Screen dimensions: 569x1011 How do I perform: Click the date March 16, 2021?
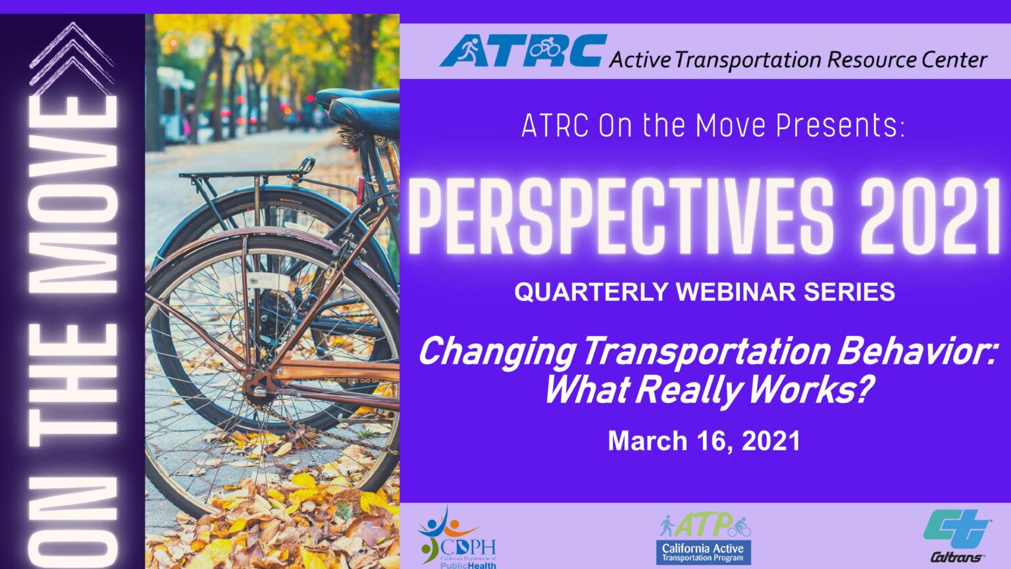click(704, 441)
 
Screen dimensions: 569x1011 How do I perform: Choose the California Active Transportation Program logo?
click(704, 539)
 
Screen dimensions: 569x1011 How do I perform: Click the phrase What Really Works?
click(708, 389)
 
